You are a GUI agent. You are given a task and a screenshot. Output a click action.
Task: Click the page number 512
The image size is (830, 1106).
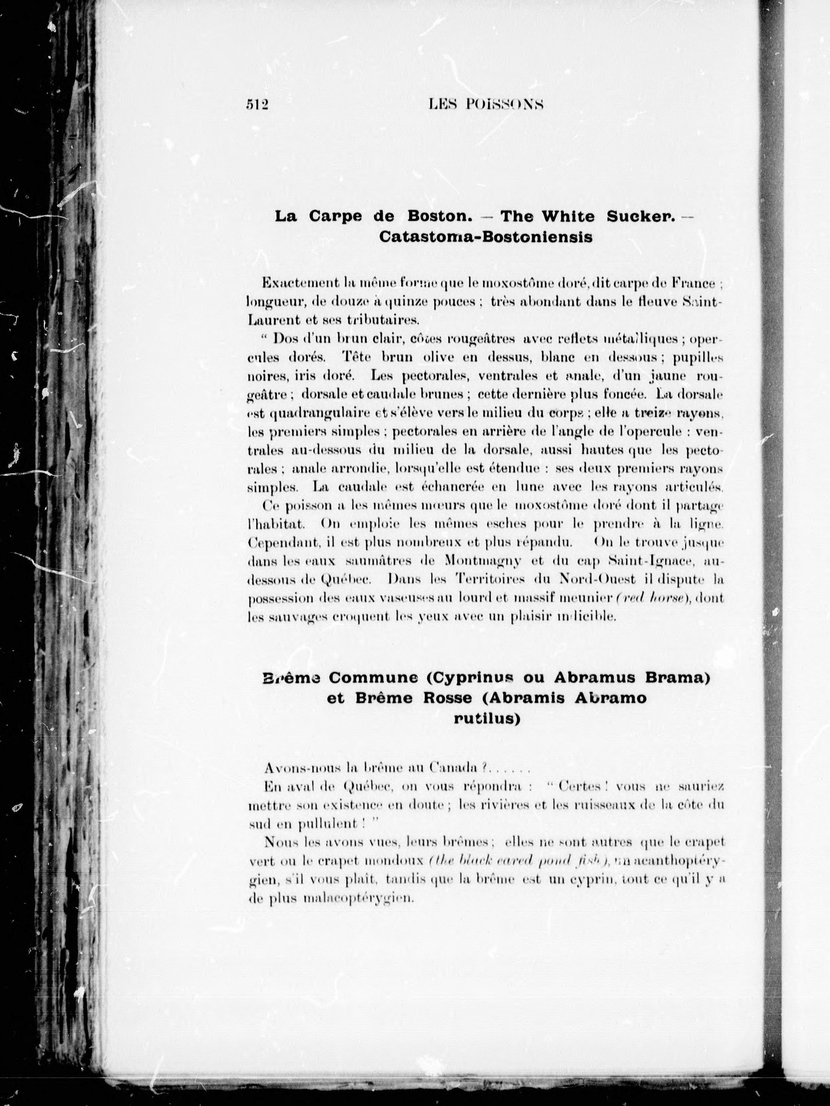pyautogui.click(x=258, y=104)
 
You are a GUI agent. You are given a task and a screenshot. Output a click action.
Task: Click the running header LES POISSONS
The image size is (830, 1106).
pyautogui.click(x=486, y=104)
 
